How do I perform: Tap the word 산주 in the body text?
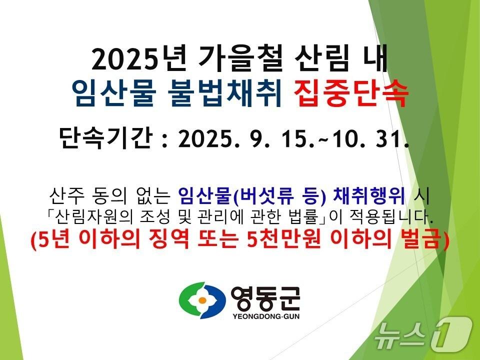[x=64, y=193]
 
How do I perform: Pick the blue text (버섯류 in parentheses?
[x=260, y=194]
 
